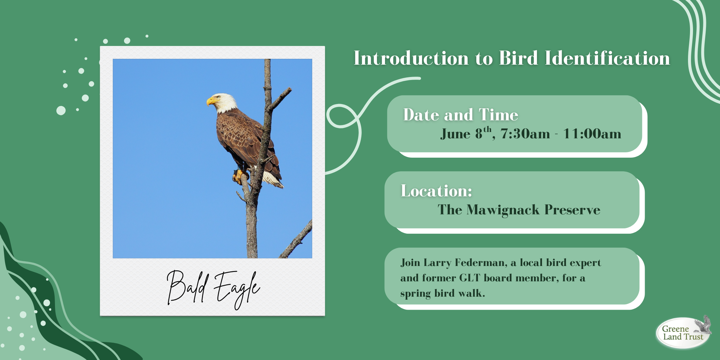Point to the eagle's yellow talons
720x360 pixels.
tap(239, 177)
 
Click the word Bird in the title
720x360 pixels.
tap(518, 58)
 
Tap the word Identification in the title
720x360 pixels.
tap(607, 58)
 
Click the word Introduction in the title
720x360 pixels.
tap(411, 58)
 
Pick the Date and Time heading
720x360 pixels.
tap(461, 115)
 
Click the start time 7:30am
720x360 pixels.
tap(525, 134)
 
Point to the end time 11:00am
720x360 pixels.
tap(592, 134)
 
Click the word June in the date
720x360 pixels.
tap(455, 134)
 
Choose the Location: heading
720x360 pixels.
tap(436, 191)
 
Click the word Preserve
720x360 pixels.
tap(572, 210)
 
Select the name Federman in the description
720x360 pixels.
tap(481, 263)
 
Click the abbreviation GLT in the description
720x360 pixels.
tap(470, 278)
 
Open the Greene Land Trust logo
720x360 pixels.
tap(684, 332)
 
